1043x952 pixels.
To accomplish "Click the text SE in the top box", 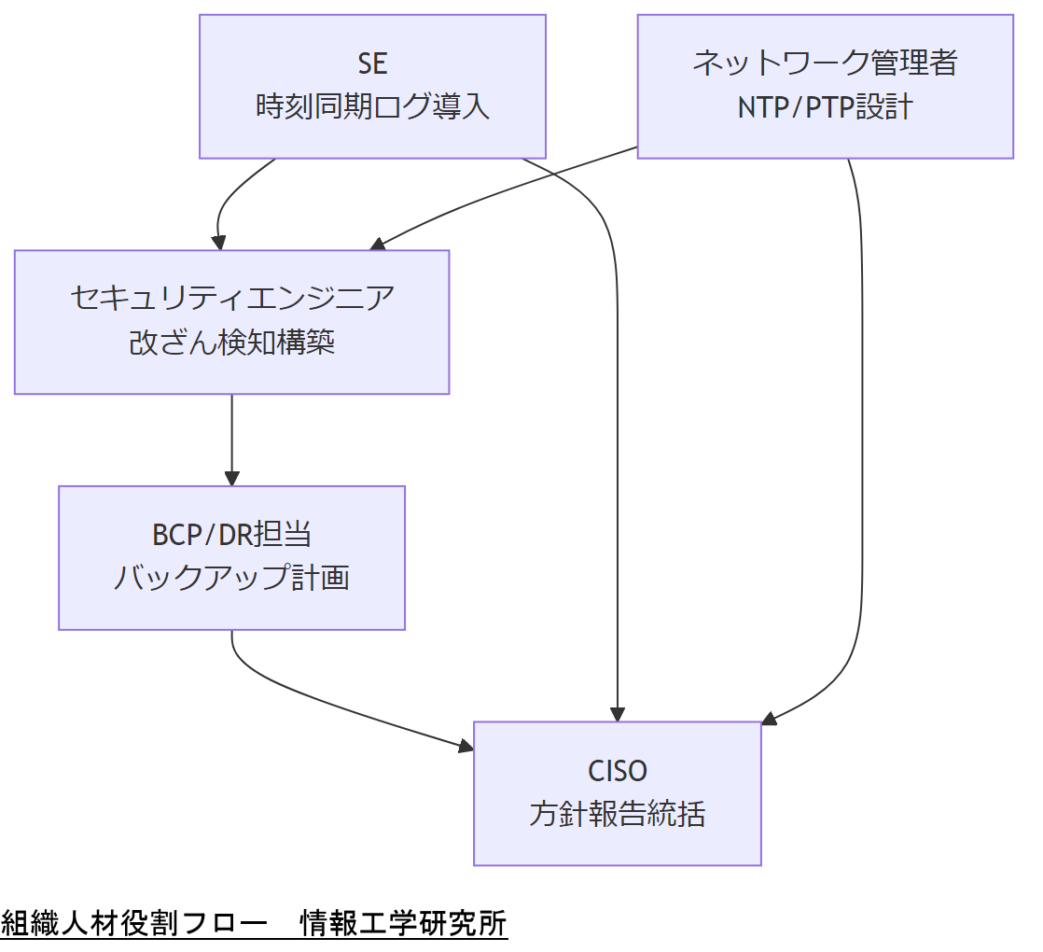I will point(372,63).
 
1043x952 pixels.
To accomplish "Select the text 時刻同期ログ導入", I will point(372,107).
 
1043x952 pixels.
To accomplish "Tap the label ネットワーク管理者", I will point(825,63).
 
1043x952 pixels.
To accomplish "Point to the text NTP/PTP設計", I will point(825,107).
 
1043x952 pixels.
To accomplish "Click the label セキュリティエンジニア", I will point(231,299).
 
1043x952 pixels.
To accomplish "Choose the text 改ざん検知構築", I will point(231,343).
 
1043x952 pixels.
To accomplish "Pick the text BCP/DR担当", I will point(231,535).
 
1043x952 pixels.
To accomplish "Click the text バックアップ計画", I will point(231,579).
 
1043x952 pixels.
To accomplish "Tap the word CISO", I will point(617,771).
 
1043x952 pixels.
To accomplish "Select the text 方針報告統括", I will point(617,815).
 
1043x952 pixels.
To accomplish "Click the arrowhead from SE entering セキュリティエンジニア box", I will point(219,244).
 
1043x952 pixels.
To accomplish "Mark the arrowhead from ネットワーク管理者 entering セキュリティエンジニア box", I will point(377,245).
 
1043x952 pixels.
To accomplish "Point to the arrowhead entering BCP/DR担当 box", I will point(231,479).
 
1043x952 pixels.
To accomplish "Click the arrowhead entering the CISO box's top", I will point(617,714).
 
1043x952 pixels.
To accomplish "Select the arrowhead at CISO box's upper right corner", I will point(769,719).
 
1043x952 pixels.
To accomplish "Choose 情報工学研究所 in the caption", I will point(403,924).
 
